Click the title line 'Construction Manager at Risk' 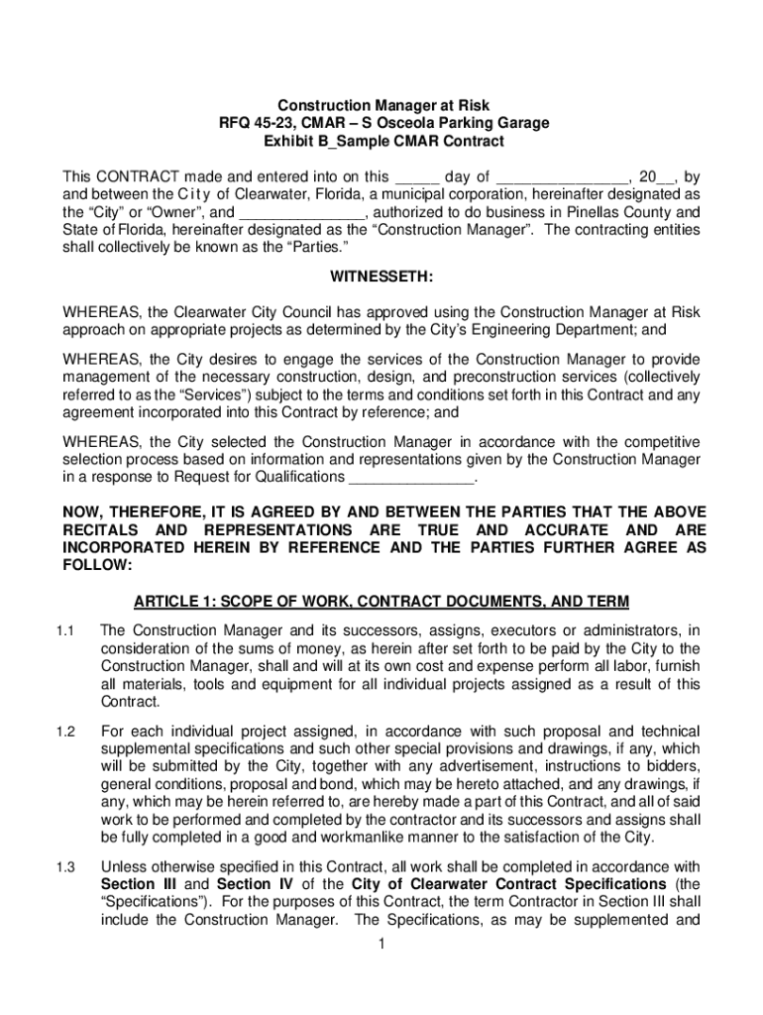(x=382, y=105)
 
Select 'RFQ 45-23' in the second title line (x=257, y=124)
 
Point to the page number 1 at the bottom (x=381, y=943)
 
